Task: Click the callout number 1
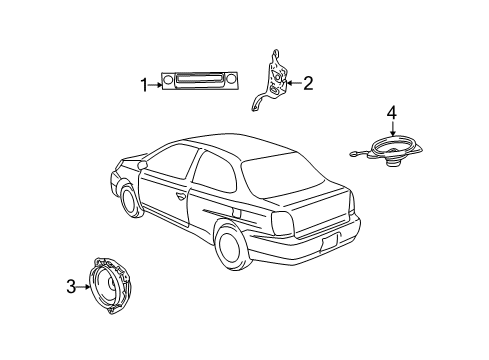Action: tap(143, 85)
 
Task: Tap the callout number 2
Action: tap(307, 83)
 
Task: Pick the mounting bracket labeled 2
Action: tap(271, 78)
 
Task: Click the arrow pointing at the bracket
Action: tap(292, 83)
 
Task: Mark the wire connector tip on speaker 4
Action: tap(351, 154)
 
